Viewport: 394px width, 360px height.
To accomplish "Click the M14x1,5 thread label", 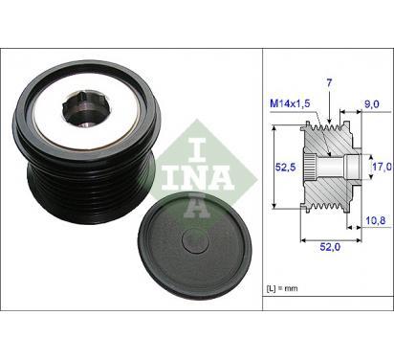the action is click(x=290, y=103).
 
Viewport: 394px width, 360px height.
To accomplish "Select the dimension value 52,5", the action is click(x=286, y=167).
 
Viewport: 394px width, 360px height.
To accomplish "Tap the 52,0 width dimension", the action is click(x=330, y=247).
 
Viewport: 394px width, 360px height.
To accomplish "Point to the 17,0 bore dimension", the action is click(x=383, y=167).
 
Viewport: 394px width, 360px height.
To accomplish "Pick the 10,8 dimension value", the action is click(x=376, y=220).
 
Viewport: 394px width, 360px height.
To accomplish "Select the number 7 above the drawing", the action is click(x=329, y=83).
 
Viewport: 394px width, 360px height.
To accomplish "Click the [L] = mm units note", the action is click(x=282, y=288).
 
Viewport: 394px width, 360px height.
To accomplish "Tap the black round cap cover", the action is click(x=195, y=246).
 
